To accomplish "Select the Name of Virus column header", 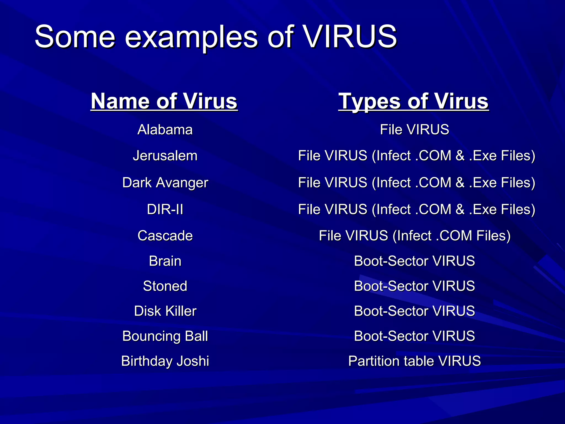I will point(164,101).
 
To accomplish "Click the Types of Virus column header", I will point(414,101).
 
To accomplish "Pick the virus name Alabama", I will point(165,129).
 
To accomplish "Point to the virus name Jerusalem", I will point(165,156).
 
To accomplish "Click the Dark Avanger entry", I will point(165,183).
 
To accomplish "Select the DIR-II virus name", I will point(165,209).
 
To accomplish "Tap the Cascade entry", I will point(165,236).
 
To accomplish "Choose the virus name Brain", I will point(165,261).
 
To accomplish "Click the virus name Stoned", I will point(165,286).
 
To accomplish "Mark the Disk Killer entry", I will point(165,311).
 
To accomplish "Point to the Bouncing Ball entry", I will point(165,336).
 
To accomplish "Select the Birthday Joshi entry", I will point(165,361).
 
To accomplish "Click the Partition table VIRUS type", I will point(414,361).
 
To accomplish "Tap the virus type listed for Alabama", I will point(414,129).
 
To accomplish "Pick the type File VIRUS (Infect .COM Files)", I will point(414,236).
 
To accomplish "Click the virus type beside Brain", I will point(414,261).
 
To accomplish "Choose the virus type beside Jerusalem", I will point(417,156).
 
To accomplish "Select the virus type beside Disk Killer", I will point(414,311).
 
